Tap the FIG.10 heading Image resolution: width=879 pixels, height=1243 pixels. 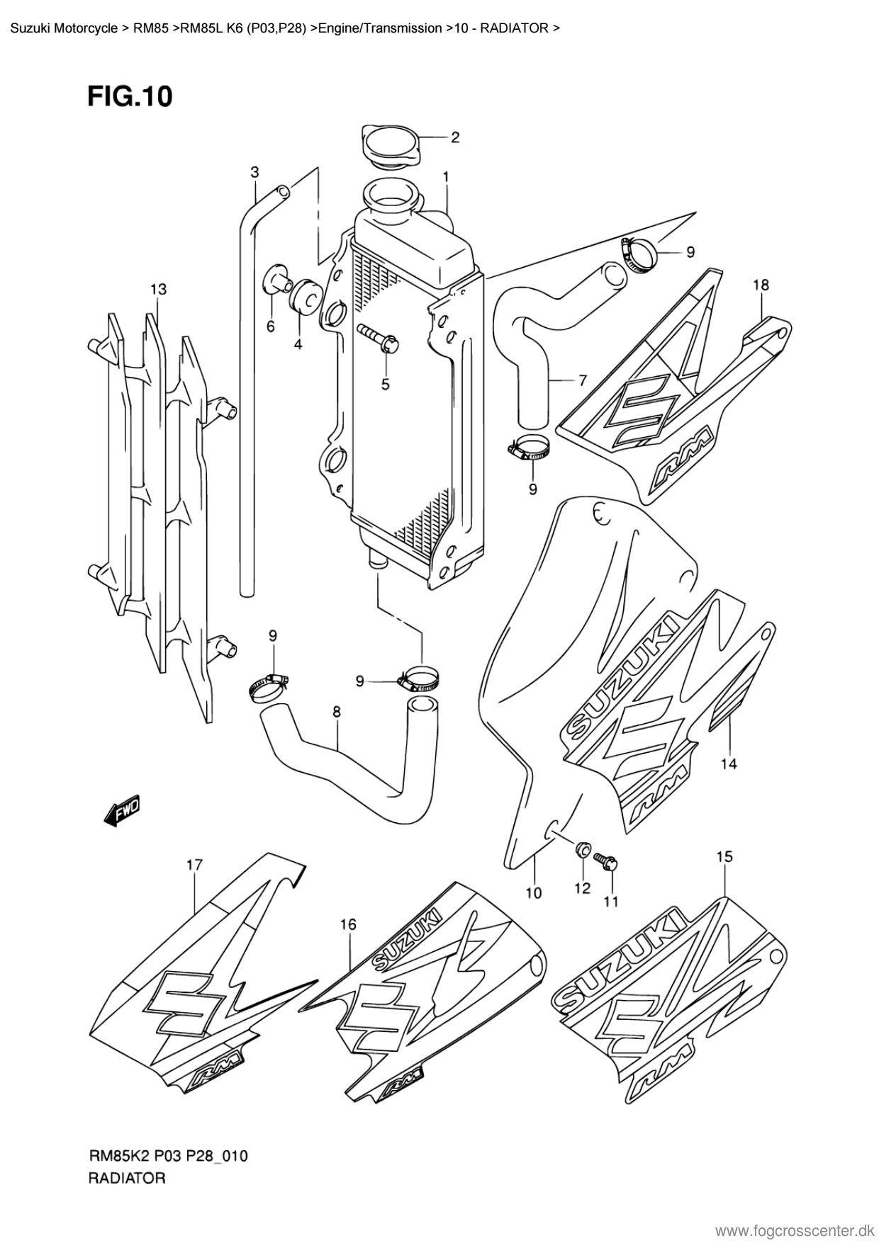tap(130, 96)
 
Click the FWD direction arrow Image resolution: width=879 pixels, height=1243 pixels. tap(123, 810)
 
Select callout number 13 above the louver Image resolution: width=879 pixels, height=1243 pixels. tap(158, 289)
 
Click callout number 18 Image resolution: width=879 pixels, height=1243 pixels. tap(761, 285)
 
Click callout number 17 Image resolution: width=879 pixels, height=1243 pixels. tap(194, 865)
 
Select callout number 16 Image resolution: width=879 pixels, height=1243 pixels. tap(347, 924)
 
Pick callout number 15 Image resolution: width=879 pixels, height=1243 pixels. tap(724, 856)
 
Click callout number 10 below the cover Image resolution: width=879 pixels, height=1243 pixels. tap(533, 893)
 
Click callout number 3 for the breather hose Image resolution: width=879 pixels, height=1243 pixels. tap(254, 171)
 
